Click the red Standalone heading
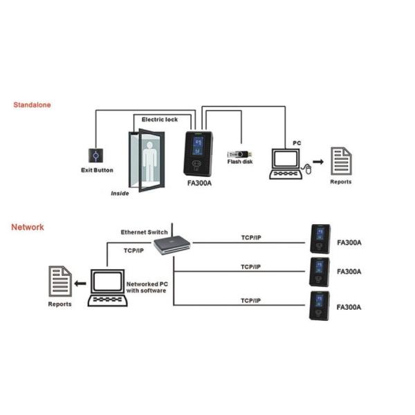point(33,106)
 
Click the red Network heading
point(28,227)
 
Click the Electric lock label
point(160,120)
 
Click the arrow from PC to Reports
point(319,162)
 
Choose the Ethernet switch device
point(171,243)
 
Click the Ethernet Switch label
point(144,232)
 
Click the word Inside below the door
point(120,194)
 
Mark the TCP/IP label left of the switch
point(134,250)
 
